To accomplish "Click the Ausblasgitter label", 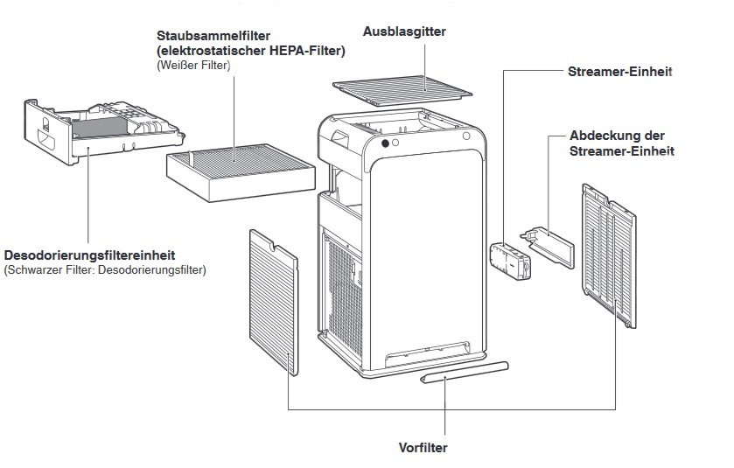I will [x=404, y=31].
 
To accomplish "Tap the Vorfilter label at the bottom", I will [x=423, y=448].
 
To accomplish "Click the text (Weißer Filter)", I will [x=193, y=65].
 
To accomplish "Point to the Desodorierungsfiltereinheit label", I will [x=89, y=255].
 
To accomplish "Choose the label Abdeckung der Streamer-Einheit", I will [x=621, y=143].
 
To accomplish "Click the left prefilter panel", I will [x=273, y=297].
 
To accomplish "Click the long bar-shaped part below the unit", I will [x=464, y=371].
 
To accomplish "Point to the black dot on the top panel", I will [x=385, y=143].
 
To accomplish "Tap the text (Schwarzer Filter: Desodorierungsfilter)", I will [x=105, y=270].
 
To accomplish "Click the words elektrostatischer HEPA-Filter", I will [x=251, y=51].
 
